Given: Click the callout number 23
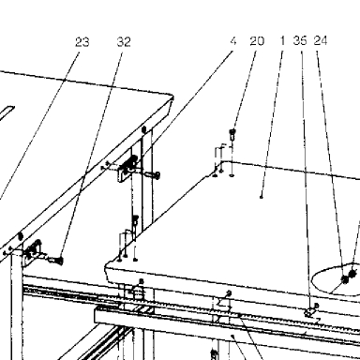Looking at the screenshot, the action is click(82, 42).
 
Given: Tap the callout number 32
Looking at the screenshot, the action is click(124, 42).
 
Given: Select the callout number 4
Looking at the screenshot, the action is click(233, 41).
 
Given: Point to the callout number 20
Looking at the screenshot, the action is click(257, 41).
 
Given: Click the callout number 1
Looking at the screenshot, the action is click(282, 40).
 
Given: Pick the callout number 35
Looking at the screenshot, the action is click(300, 40).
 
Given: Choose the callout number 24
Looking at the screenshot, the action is click(321, 40).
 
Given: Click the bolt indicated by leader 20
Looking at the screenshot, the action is click(232, 135).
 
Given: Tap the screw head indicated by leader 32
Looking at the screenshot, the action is click(58, 260).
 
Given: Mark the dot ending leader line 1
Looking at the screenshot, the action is click(262, 197).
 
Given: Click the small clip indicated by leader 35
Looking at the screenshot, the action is click(311, 310).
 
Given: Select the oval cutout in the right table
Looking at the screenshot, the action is click(336, 281).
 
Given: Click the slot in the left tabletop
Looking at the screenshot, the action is click(7, 114).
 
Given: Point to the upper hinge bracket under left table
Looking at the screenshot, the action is click(127, 168).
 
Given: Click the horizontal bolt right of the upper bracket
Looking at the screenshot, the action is click(153, 174).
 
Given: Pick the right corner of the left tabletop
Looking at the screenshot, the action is click(172, 97).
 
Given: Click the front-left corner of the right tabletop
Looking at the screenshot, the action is click(106, 266).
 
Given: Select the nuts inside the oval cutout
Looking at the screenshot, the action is click(349, 277).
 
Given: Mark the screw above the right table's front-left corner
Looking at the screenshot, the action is click(135, 221).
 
